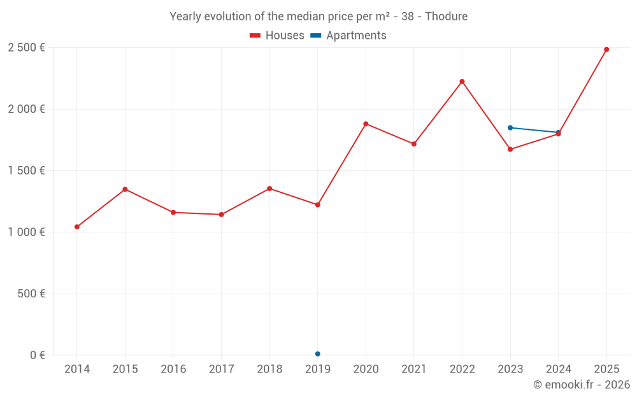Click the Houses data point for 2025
click(606, 50)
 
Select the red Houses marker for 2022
click(462, 82)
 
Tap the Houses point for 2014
click(77, 227)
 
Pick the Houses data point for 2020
click(366, 124)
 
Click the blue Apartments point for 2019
click(317, 354)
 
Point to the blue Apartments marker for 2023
click(510, 128)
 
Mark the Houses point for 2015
click(125, 189)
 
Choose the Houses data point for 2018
click(269, 188)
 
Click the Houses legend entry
click(277, 36)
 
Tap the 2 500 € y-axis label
click(26, 48)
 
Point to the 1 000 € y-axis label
click(26, 232)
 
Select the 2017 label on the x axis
click(221, 369)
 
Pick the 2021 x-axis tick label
click(414, 369)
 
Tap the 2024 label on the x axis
click(559, 369)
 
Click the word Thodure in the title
click(446, 17)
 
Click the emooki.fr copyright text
click(582, 385)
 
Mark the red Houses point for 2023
click(510, 149)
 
